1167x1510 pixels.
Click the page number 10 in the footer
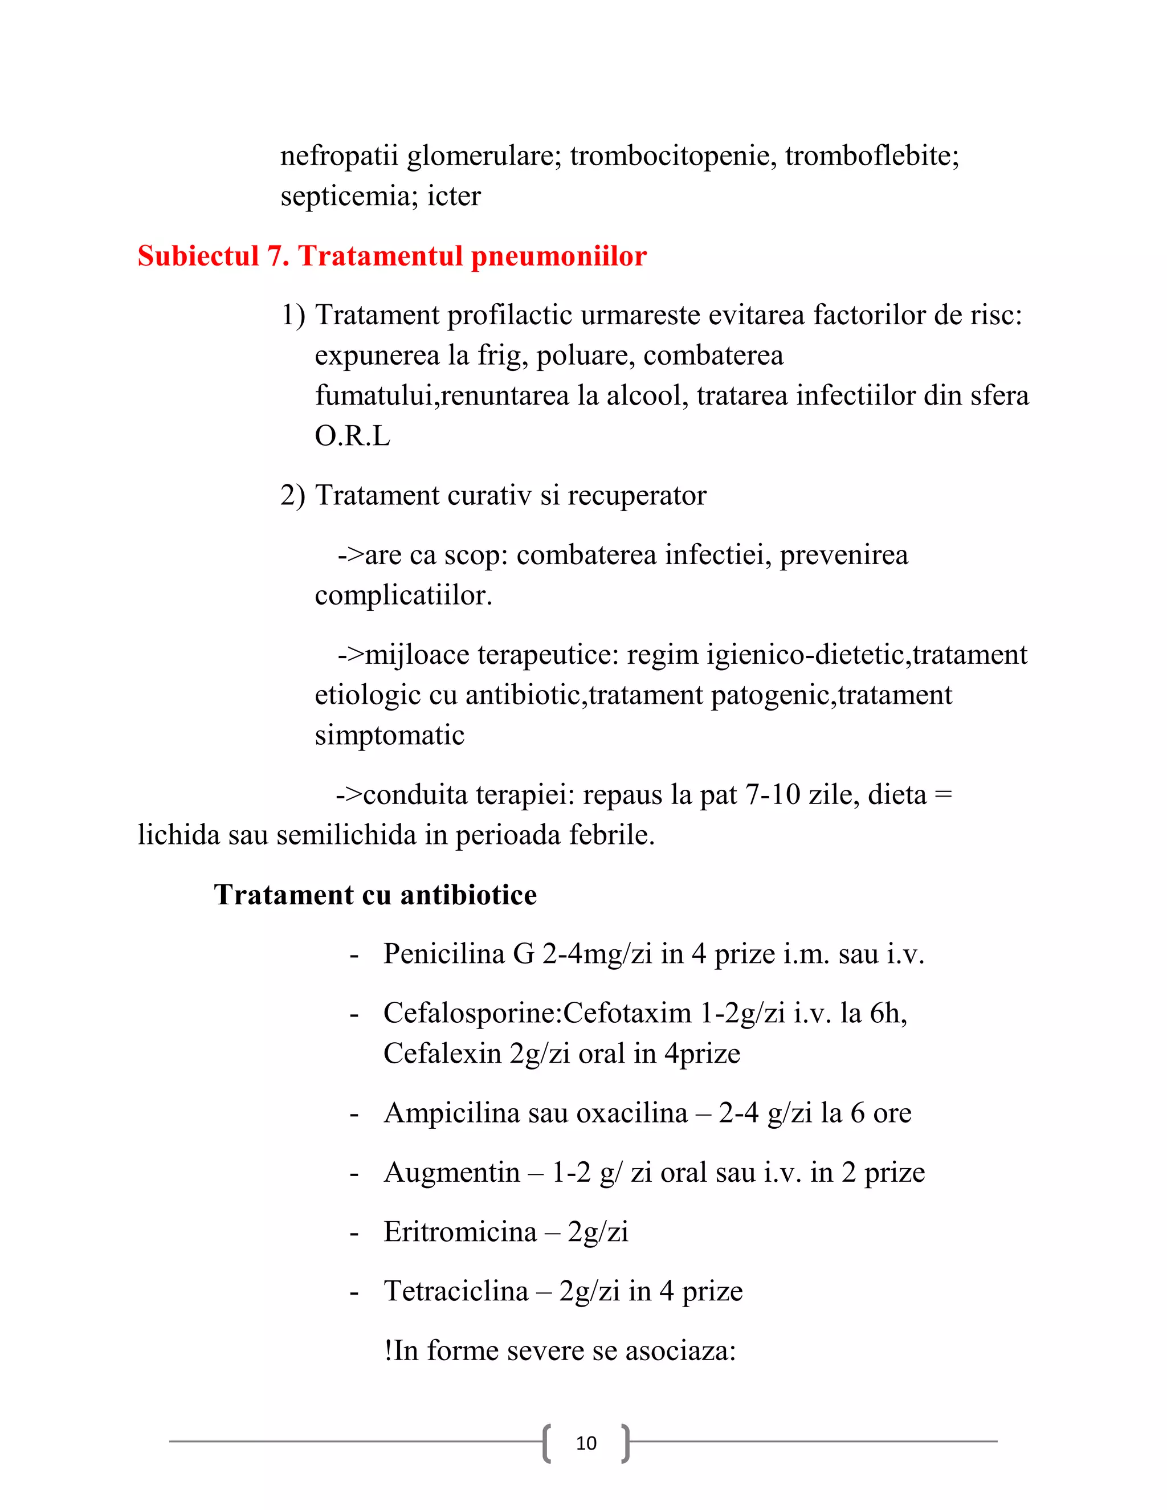pos(586,1443)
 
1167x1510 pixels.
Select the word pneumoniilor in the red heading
pos(558,256)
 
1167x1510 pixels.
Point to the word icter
pos(454,197)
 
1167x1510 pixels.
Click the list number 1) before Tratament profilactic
pos(292,315)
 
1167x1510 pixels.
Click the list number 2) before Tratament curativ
pos(292,496)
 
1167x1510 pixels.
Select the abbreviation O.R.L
pos(353,436)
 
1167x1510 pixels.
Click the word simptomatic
pos(389,735)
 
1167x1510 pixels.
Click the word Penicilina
pos(444,954)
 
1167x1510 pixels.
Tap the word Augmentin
pos(451,1173)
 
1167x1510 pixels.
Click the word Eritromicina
pos(460,1232)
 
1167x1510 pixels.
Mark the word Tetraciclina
pos(456,1292)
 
